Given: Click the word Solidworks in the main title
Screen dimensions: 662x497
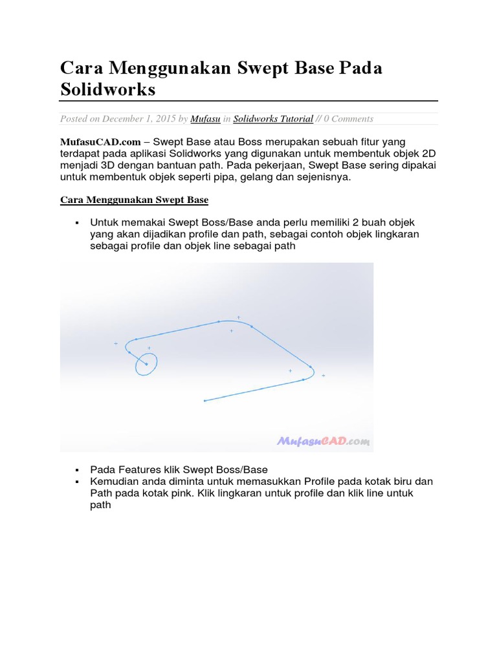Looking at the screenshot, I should point(108,89).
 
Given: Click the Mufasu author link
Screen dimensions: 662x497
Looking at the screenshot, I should point(204,119).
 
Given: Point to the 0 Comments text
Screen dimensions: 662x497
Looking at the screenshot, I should point(348,119).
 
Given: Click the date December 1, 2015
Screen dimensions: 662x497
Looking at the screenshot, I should point(139,119).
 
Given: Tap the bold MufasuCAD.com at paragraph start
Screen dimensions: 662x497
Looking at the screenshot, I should point(100,141).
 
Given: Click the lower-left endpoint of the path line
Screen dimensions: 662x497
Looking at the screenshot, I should point(204,401).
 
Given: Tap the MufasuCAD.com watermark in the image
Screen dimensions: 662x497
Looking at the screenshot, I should point(324,442).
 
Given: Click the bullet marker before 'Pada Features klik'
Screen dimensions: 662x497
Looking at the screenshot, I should point(76,470).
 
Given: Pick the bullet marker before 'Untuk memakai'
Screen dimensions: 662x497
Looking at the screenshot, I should point(76,223).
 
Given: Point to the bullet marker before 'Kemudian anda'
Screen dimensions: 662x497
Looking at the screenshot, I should point(76,482).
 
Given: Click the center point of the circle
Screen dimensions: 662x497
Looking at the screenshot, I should point(146,364).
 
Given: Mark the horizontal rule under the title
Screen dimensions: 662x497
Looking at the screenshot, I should point(249,101).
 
